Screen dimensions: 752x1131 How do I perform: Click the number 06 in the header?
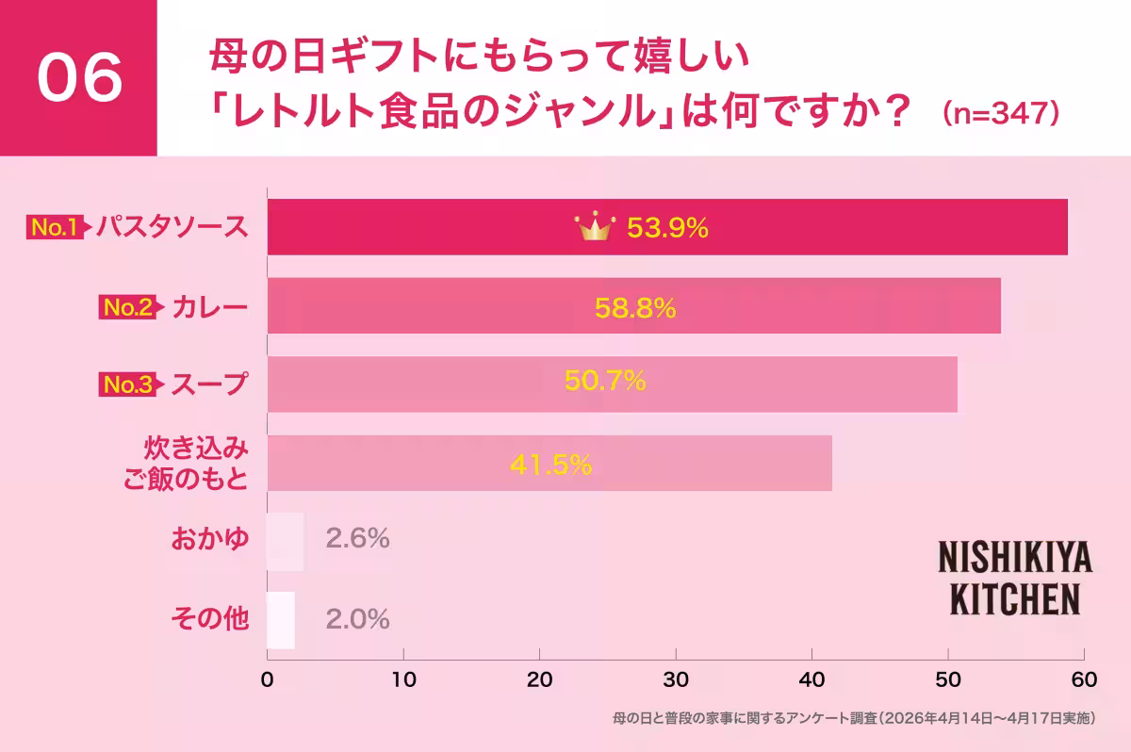[x=80, y=78]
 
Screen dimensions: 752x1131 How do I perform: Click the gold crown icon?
[x=595, y=227]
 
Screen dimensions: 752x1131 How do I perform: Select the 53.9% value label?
[x=667, y=228]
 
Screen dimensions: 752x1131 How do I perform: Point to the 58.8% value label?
[x=634, y=307]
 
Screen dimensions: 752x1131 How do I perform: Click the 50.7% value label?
[x=604, y=381]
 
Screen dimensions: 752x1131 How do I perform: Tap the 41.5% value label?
[x=550, y=464]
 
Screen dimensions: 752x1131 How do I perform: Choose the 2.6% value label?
[x=357, y=539]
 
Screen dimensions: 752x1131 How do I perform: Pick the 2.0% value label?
[x=357, y=619]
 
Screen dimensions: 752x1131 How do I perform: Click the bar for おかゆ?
[x=286, y=541]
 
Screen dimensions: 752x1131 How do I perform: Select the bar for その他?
[x=281, y=620]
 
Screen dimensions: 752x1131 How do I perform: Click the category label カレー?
[x=210, y=307]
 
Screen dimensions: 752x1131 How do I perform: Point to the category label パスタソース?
[x=172, y=227]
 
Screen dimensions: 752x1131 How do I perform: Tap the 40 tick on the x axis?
[x=811, y=679]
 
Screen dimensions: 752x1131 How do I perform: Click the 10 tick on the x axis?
[x=403, y=679]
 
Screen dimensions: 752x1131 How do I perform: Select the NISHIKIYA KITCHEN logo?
[x=1015, y=579]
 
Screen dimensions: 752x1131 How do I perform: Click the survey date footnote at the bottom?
[x=853, y=718]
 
